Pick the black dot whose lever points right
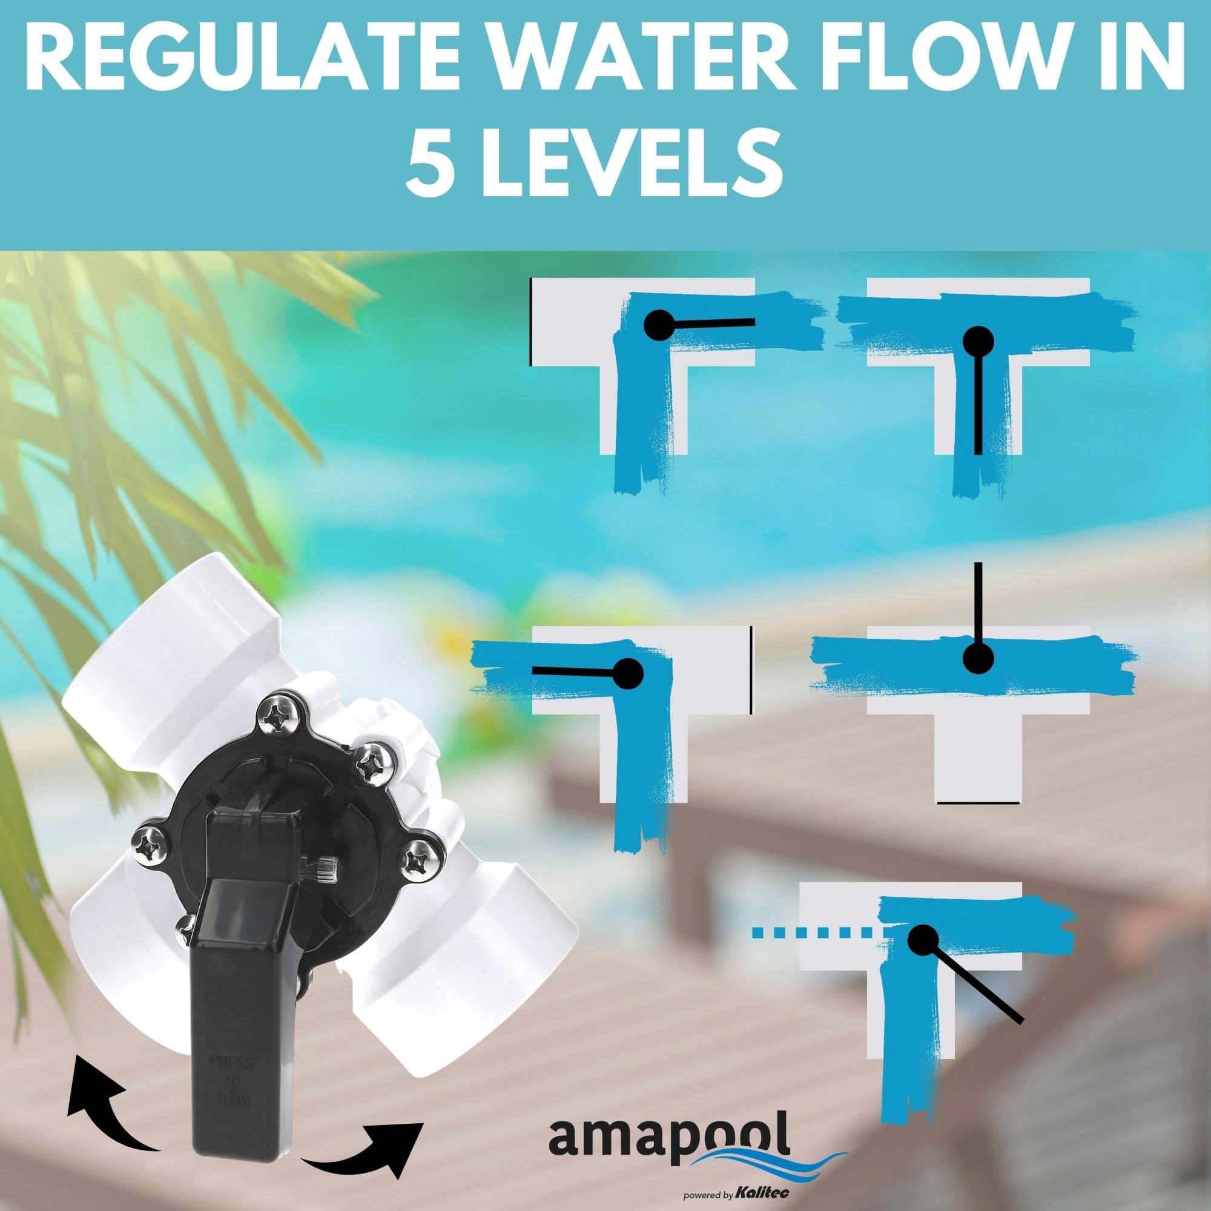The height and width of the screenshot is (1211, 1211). coord(659,325)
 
